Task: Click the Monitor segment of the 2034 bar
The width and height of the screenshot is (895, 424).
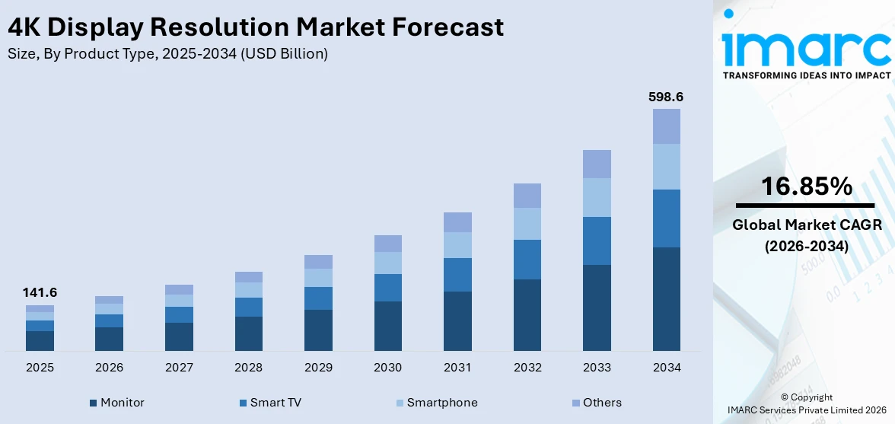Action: click(x=666, y=298)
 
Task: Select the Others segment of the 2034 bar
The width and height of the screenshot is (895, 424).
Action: click(x=666, y=126)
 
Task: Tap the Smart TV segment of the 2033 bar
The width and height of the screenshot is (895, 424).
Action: click(x=597, y=241)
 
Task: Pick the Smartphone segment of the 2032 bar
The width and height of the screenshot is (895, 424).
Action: click(x=527, y=224)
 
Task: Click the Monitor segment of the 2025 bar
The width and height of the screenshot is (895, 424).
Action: click(x=40, y=340)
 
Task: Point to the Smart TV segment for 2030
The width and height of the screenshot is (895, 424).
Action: click(x=387, y=288)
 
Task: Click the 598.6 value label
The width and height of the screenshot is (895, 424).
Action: click(x=666, y=97)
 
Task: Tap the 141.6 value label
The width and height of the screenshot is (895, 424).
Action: click(x=40, y=292)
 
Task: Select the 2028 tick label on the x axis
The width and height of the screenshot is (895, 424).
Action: click(x=248, y=368)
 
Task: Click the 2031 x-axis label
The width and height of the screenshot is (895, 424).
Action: click(x=457, y=368)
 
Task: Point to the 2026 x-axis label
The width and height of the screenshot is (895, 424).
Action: click(x=109, y=368)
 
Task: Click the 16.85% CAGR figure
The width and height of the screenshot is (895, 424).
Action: click(x=805, y=186)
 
